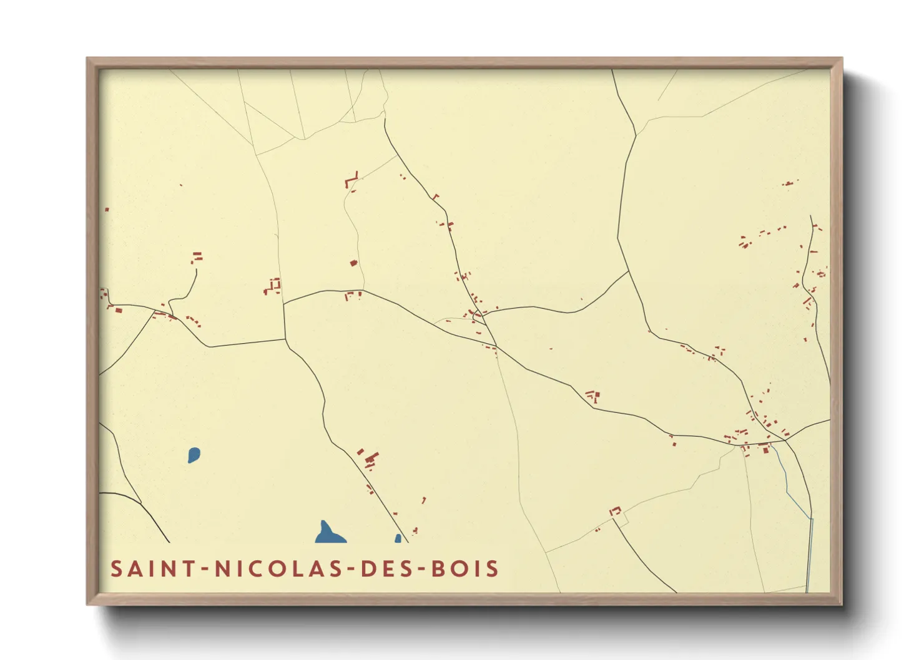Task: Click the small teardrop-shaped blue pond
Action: point(194,455)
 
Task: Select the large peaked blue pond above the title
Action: point(328,534)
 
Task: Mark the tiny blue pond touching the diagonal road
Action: point(398,539)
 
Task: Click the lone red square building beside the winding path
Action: point(353,263)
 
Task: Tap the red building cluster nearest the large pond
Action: point(370,460)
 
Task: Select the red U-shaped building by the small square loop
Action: point(616,511)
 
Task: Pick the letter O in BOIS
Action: point(461,569)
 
